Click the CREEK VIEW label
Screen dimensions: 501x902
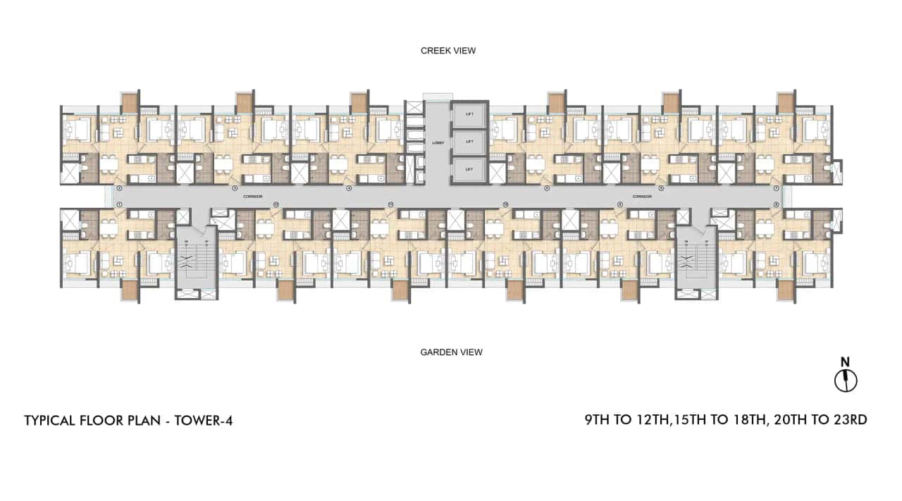tap(448, 51)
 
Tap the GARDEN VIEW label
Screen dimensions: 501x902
tap(451, 352)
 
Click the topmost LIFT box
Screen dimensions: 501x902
tap(468, 114)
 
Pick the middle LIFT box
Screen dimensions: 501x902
tap(468, 142)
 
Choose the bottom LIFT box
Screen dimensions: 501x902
tap(468, 170)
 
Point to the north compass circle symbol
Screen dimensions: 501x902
tap(846, 381)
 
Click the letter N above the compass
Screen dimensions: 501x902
tap(846, 362)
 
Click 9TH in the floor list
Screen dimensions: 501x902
tap(597, 420)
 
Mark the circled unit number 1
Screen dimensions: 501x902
tap(119, 204)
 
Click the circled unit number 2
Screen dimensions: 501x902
tap(119, 189)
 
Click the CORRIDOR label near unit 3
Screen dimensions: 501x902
tap(252, 197)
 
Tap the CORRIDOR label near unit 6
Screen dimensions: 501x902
tap(641, 197)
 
